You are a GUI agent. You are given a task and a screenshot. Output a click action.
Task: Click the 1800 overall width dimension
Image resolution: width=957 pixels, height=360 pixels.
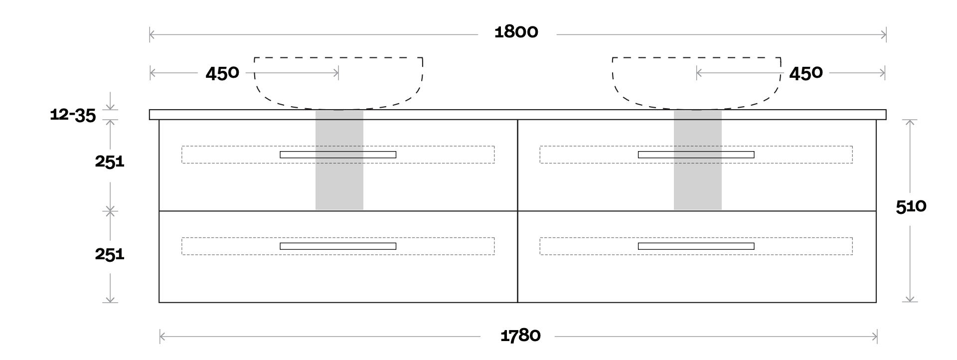tap(516, 32)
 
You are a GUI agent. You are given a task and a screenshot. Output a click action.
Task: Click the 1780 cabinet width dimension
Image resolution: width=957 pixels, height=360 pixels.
tap(520, 336)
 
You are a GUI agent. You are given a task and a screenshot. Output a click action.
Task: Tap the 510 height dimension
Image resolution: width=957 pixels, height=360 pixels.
tap(911, 206)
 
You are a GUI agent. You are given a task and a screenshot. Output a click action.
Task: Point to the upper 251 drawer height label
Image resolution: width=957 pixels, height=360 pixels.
tap(110, 162)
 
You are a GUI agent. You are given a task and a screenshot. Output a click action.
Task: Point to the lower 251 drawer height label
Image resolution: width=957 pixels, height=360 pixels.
tap(110, 254)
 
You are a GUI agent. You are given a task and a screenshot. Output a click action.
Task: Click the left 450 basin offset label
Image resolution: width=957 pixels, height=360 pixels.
tap(222, 74)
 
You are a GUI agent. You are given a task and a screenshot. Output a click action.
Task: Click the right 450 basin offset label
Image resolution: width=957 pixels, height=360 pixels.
tap(805, 74)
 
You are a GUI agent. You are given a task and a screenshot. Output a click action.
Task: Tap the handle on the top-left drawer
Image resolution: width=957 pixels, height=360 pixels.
tap(338, 155)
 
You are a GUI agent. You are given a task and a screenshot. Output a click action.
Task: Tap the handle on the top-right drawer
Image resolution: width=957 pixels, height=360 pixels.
tap(696, 155)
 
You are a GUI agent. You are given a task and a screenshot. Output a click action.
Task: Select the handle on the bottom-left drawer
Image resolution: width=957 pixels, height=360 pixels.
tap(338, 246)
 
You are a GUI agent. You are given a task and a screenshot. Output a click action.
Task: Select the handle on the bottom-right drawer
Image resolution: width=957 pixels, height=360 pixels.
tap(696, 246)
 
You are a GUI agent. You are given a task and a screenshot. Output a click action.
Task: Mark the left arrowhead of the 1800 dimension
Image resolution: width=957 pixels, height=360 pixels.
tap(152, 34)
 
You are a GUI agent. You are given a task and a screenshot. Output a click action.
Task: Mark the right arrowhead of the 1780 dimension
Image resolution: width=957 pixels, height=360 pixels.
tap(875, 337)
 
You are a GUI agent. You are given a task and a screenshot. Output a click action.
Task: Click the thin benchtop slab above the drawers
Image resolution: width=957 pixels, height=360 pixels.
tap(517, 115)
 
